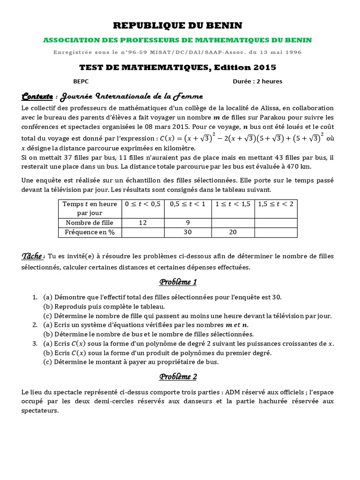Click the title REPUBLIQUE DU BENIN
(x=178, y=25)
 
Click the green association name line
(x=178, y=40)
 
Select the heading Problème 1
(x=178, y=282)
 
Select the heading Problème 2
(x=178, y=376)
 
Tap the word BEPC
(x=81, y=81)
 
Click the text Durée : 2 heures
(x=257, y=81)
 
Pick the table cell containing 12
(x=142, y=223)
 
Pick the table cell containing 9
(x=187, y=223)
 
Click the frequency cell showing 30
(x=187, y=232)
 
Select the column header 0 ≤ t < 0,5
(x=142, y=204)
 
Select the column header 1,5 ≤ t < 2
(x=276, y=204)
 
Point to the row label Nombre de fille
(x=90, y=223)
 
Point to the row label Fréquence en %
(x=90, y=232)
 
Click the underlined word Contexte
(x=37, y=97)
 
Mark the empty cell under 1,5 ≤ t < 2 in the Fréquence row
(x=276, y=232)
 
